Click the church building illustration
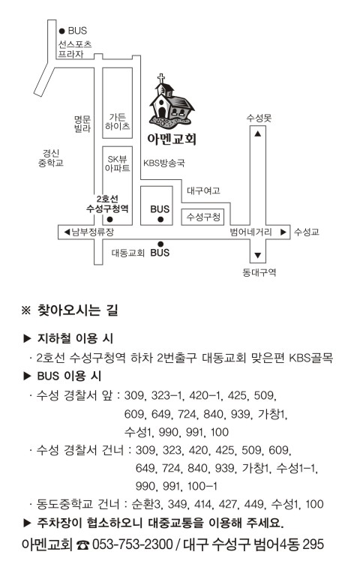click(171, 103)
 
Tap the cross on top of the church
click(160, 78)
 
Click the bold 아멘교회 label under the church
click(172, 139)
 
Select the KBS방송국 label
click(164, 163)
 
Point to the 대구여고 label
click(203, 190)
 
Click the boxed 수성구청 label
click(203, 217)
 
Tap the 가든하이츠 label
click(117, 121)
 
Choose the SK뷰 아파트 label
click(117, 163)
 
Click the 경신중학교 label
click(51, 158)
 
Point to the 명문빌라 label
click(82, 124)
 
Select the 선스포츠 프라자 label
click(75, 49)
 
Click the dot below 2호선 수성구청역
click(109, 219)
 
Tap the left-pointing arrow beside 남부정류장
click(67, 232)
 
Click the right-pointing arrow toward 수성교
click(283, 232)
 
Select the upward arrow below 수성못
click(258, 133)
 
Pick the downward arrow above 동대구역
click(258, 255)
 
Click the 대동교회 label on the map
click(128, 253)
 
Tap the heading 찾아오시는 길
click(78, 310)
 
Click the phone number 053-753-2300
click(132, 544)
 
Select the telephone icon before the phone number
click(83, 544)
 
